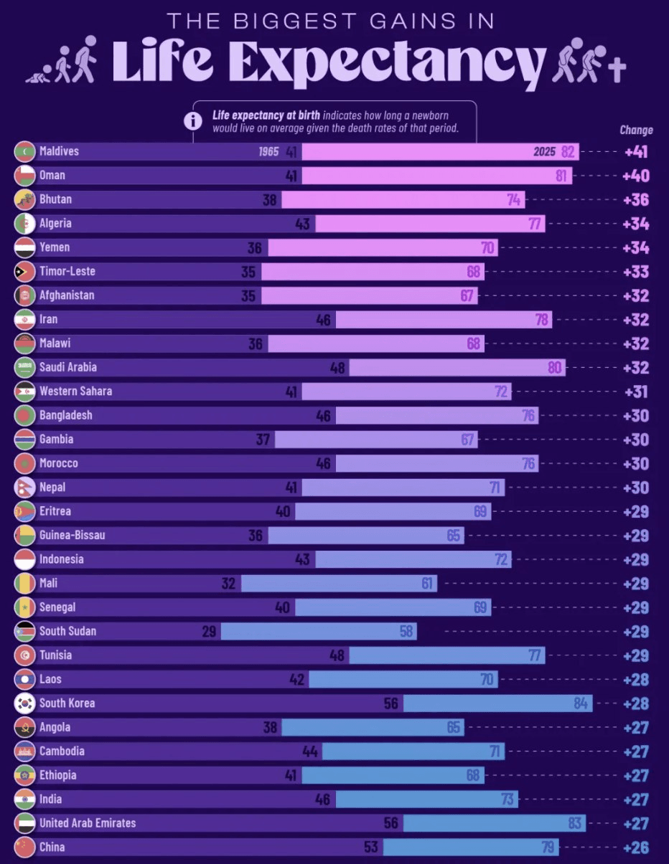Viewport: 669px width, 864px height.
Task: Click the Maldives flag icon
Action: [x=24, y=152]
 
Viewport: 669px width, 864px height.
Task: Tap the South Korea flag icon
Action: [x=24, y=703]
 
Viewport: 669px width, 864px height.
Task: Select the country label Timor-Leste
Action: [x=67, y=272]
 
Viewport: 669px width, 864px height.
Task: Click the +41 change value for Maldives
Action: [x=637, y=152]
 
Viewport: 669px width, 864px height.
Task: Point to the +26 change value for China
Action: [x=637, y=848]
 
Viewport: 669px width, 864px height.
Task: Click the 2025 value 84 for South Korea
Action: [x=581, y=703]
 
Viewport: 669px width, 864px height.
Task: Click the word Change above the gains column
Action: [x=636, y=130]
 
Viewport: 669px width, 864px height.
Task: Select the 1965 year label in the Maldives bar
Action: [x=268, y=152]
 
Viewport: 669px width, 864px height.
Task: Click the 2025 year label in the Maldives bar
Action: [x=544, y=152]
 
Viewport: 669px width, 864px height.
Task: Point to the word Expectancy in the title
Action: [x=393, y=63]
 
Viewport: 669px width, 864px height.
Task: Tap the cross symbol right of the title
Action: [x=617, y=71]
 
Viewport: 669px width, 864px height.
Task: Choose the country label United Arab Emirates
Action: [x=88, y=823]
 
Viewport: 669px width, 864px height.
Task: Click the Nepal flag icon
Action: [x=24, y=488]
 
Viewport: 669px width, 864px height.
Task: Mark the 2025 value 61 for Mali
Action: [x=428, y=584]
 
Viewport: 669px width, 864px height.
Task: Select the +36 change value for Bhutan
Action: [x=637, y=200]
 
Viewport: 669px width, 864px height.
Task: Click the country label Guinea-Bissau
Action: [x=72, y=536]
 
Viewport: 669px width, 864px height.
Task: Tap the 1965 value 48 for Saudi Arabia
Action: [x=337, y=368]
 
